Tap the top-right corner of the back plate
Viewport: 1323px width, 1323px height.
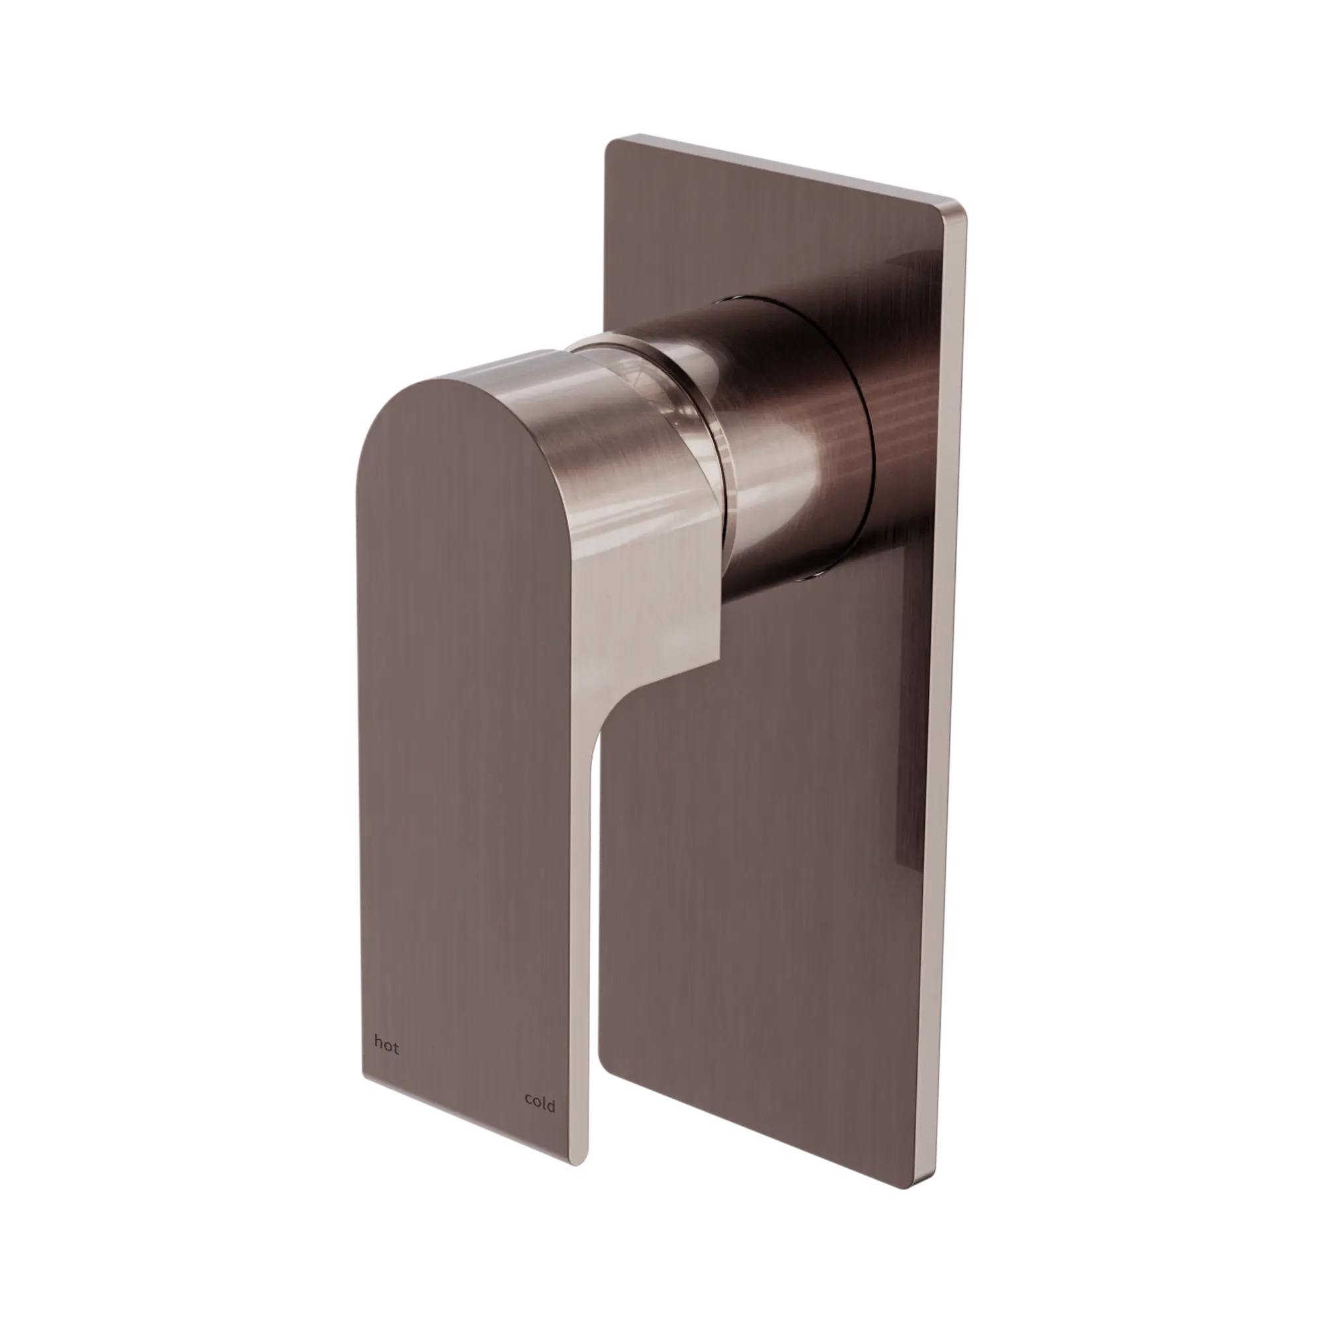965,206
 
